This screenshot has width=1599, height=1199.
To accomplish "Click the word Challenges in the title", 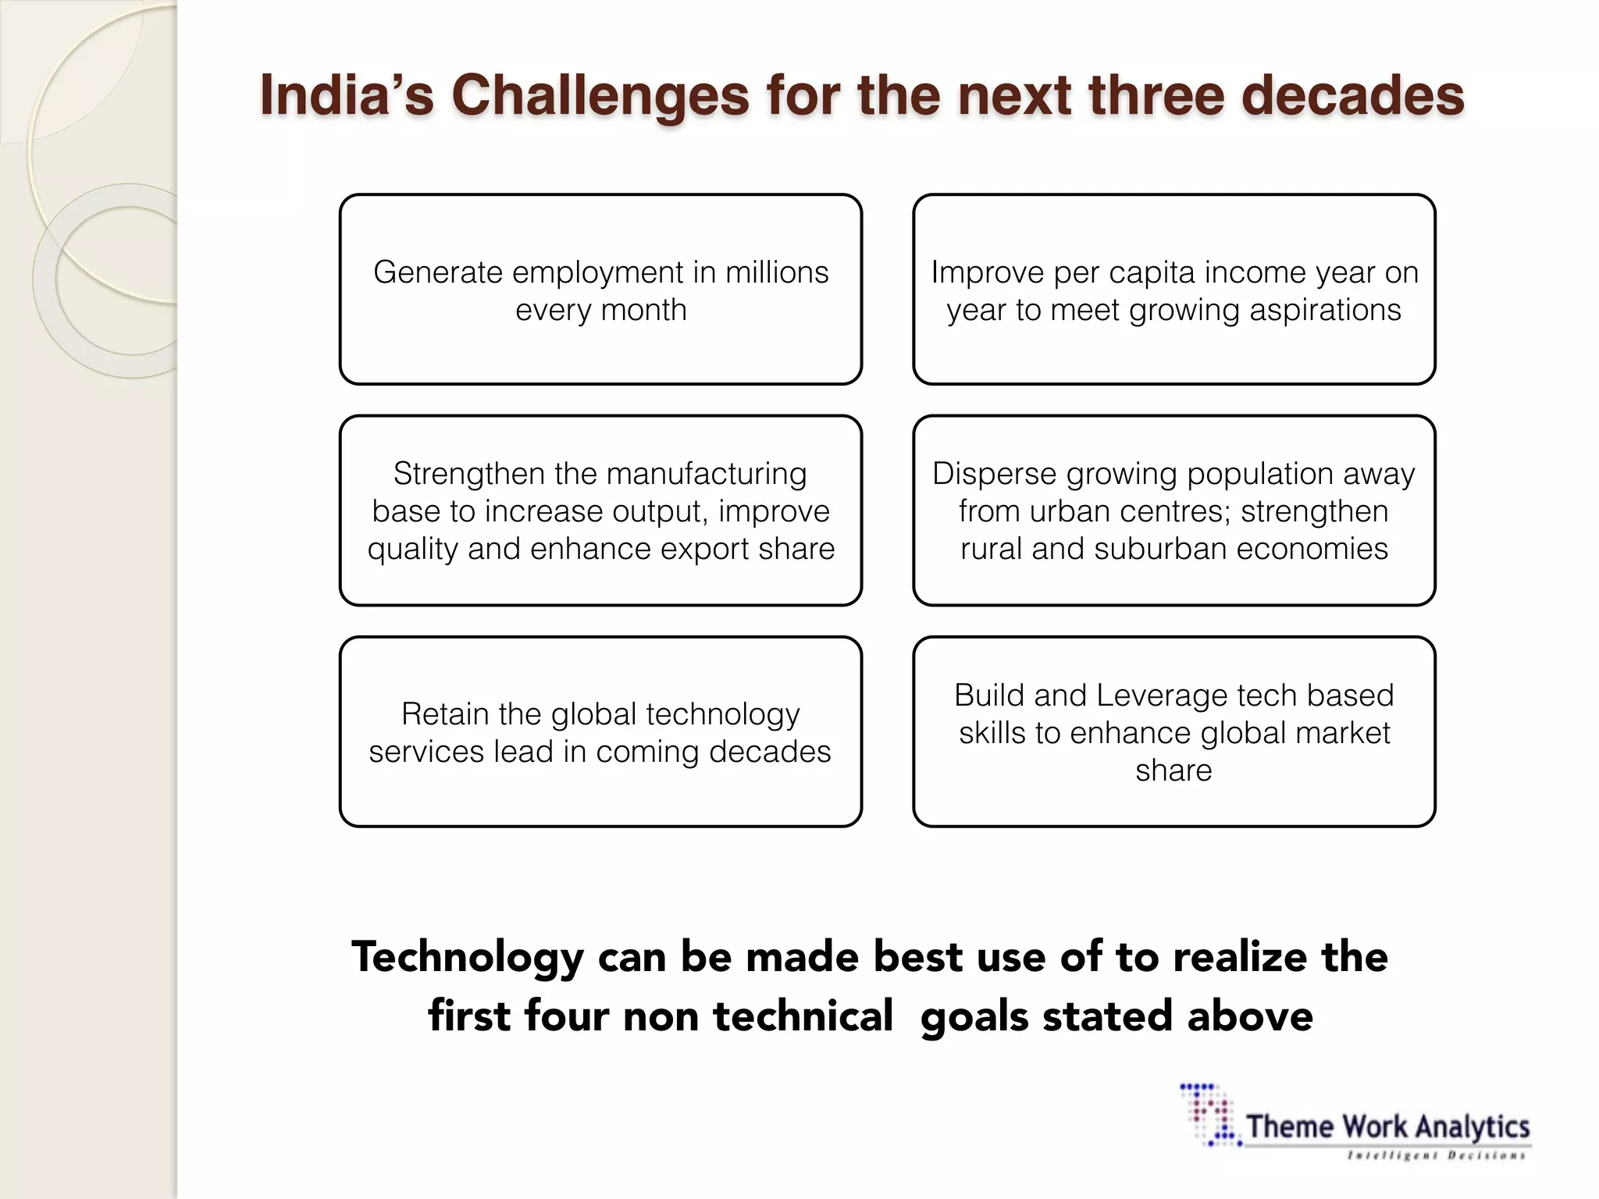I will (x=600, y=95).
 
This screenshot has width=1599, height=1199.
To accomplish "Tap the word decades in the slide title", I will (x=1352, y=95).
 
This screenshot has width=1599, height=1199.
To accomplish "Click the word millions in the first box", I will (x=777, y=272).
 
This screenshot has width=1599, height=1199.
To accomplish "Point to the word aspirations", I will (x=1325, y=310).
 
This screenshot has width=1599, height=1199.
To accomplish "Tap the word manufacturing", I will (x=706, y=474).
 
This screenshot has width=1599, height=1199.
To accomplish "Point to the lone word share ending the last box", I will (x=1173, y=770).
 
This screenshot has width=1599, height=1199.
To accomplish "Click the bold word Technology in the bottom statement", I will (x=468, y=958).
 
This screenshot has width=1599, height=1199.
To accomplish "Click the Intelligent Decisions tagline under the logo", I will (x=1436, y=1155).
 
